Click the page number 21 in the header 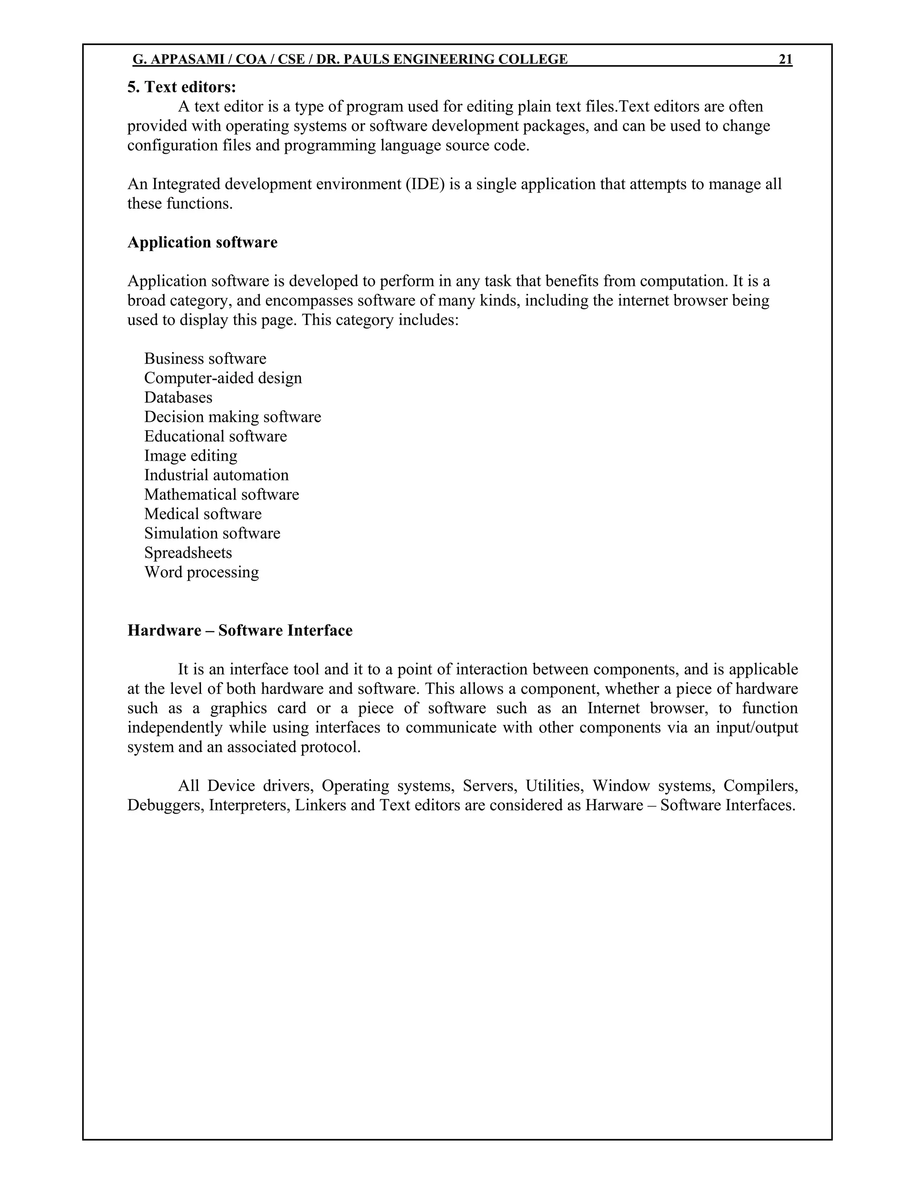(785, 59)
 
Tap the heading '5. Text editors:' (181, 87)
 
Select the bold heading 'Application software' (202, 242)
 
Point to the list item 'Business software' (205, 359)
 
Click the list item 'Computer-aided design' (223, 378)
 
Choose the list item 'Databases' (178, 398)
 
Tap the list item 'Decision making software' (232, 417)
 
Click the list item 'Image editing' (190, 456)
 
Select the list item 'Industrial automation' (216, 475)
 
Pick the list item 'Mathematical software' (221, 495)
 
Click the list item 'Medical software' (203, 514)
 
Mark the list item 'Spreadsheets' (188, 553)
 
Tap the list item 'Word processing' (201, 572)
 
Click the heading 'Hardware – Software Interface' (239, 630)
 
